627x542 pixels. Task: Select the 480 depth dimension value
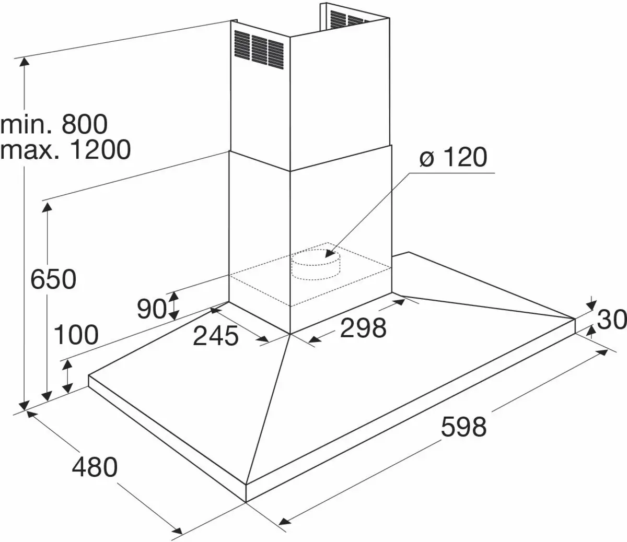point(95,467)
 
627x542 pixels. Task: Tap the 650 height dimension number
point(53,279)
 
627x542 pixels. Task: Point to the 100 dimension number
point(76,335)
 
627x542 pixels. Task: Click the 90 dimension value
point(152,309)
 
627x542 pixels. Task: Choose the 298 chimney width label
point(363,328)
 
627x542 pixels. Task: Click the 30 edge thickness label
point(611,319)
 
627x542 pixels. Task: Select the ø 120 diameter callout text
point(453,157)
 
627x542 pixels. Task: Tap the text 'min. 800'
point(54,124)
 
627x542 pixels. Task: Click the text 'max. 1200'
point(65,150)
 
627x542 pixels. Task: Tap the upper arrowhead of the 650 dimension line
point(47,206)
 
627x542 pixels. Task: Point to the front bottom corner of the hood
point(246,501)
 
